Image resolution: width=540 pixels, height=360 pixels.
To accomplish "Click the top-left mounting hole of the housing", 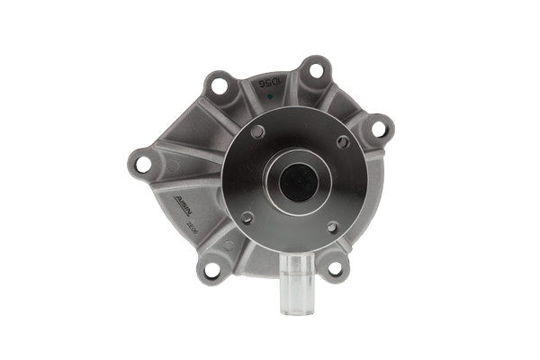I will pyautogui.click(x=218, y=85).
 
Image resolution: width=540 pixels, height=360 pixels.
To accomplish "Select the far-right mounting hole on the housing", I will pyautogui.click(x=379, y=129).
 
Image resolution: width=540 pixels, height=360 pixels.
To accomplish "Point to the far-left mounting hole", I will pyautogui.click(x=142, y=164).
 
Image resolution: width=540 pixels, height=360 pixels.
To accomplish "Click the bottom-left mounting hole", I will pyautogui.click(x=212, y=268).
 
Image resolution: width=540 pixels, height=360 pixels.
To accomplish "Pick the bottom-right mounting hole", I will pyautogui.click(x=335, y=267).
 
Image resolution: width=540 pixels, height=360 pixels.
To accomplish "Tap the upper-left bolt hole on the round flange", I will pyautogui.click(x=258, y=131).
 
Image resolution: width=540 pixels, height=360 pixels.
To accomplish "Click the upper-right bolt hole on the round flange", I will pyautogui.click(x=343, y=141).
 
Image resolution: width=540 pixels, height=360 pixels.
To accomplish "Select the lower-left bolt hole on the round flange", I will pyautogui.click(x=247, y=216).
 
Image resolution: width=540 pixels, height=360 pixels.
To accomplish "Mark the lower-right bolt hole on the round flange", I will pyautogui.click(x=332, y=227).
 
